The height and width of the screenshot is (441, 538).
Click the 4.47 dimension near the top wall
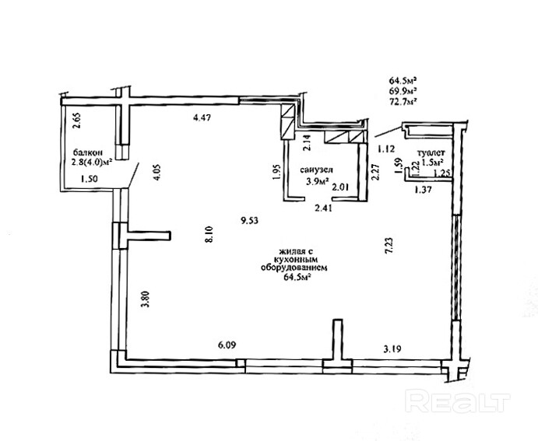click(202, 118)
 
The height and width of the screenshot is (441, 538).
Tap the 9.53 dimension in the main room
click(249, 221)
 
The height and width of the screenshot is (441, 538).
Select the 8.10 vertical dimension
click(209, 234)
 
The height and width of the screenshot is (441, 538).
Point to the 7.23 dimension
click(389, 245)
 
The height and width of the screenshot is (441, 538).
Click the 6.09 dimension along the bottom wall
click(227, 345)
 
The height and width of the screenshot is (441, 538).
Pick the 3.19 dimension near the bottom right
click(392, 349)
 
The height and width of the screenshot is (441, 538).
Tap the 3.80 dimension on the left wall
click(146, 299)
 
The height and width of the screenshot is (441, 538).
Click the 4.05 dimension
click(156, 173)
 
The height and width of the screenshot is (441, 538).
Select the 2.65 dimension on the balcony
click(77, 121)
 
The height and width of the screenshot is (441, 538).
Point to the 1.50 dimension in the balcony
click(89, 179)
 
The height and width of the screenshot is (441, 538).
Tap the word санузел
click(316, 170)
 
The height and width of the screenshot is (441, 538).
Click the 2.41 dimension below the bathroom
click(324, 208)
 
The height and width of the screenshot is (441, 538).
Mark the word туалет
click(431, 152)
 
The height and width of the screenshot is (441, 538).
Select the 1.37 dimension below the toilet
click(424, 190)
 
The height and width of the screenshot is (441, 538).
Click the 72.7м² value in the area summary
click(403, 102)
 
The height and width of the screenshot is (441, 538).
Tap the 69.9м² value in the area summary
click(403, 91)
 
